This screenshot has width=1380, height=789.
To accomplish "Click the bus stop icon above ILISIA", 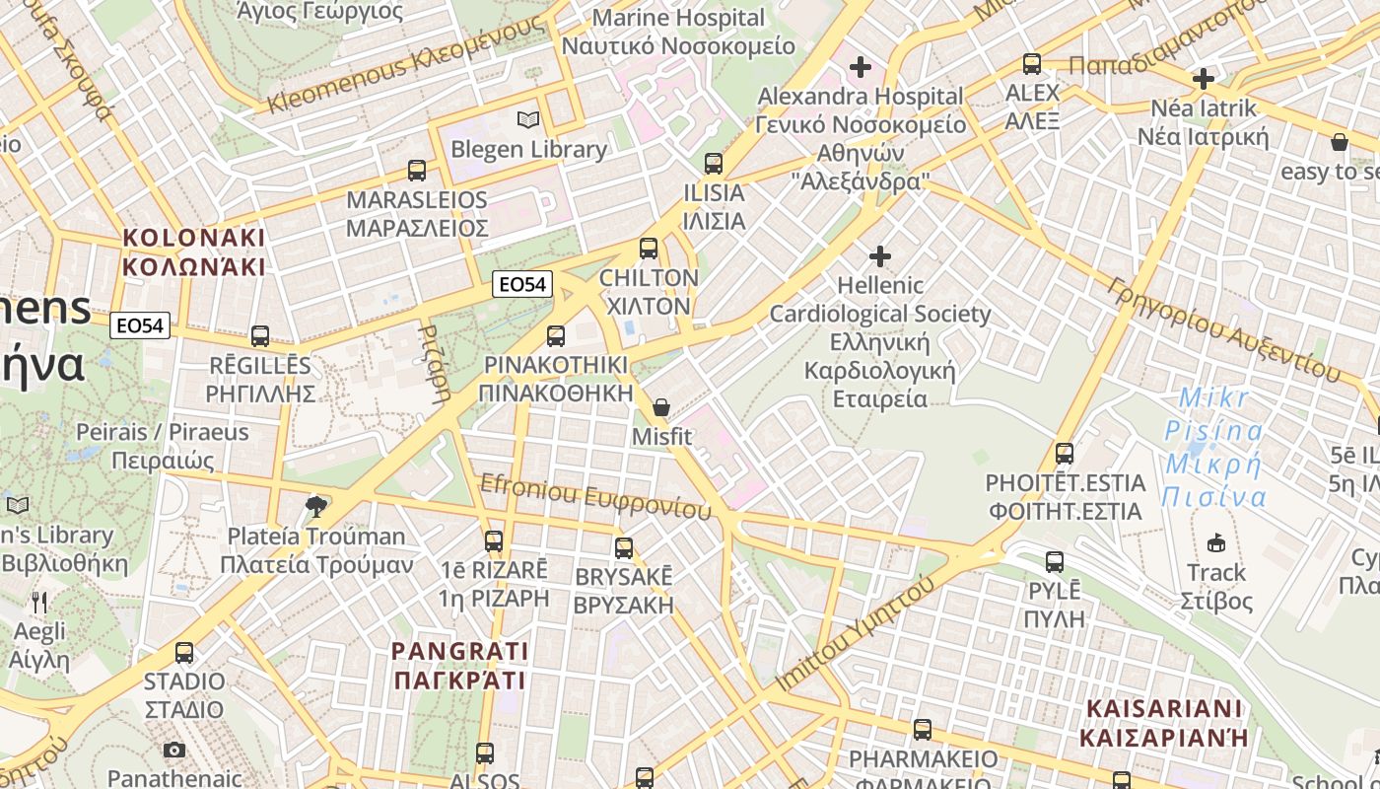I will pos(714,164).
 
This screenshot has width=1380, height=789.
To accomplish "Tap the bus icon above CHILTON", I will pos(649,249).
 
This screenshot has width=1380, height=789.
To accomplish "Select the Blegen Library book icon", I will pos(528,120).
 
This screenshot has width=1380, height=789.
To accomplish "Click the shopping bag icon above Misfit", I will pos(661,407).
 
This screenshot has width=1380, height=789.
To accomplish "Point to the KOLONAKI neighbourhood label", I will pos(193,252).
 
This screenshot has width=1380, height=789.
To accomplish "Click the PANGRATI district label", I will pos(459,666).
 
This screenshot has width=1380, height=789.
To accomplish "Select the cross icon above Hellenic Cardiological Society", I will pos(879,256).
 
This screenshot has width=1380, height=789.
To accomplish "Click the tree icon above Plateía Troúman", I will pos(315,507).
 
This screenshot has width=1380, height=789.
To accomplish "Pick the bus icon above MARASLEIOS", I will pos(417,171).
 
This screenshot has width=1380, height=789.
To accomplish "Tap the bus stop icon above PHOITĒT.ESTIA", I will pos(1065,454).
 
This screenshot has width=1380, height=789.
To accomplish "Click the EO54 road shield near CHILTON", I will pos(522,284).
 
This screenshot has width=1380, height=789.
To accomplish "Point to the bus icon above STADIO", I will pos(184,652).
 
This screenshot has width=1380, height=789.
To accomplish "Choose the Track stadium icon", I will pos(1217,542).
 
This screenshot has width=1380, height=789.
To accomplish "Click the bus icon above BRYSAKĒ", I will pos(624,548).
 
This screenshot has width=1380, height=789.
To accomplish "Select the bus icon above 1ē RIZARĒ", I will pos(494,540).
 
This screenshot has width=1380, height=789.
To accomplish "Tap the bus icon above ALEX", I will pos(1032,64).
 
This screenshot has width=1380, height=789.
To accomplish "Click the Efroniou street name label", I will pos(595,496).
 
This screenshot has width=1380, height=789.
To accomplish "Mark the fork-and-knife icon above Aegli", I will pos(39,602).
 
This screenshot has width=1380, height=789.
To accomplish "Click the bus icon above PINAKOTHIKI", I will pos(556,336).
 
